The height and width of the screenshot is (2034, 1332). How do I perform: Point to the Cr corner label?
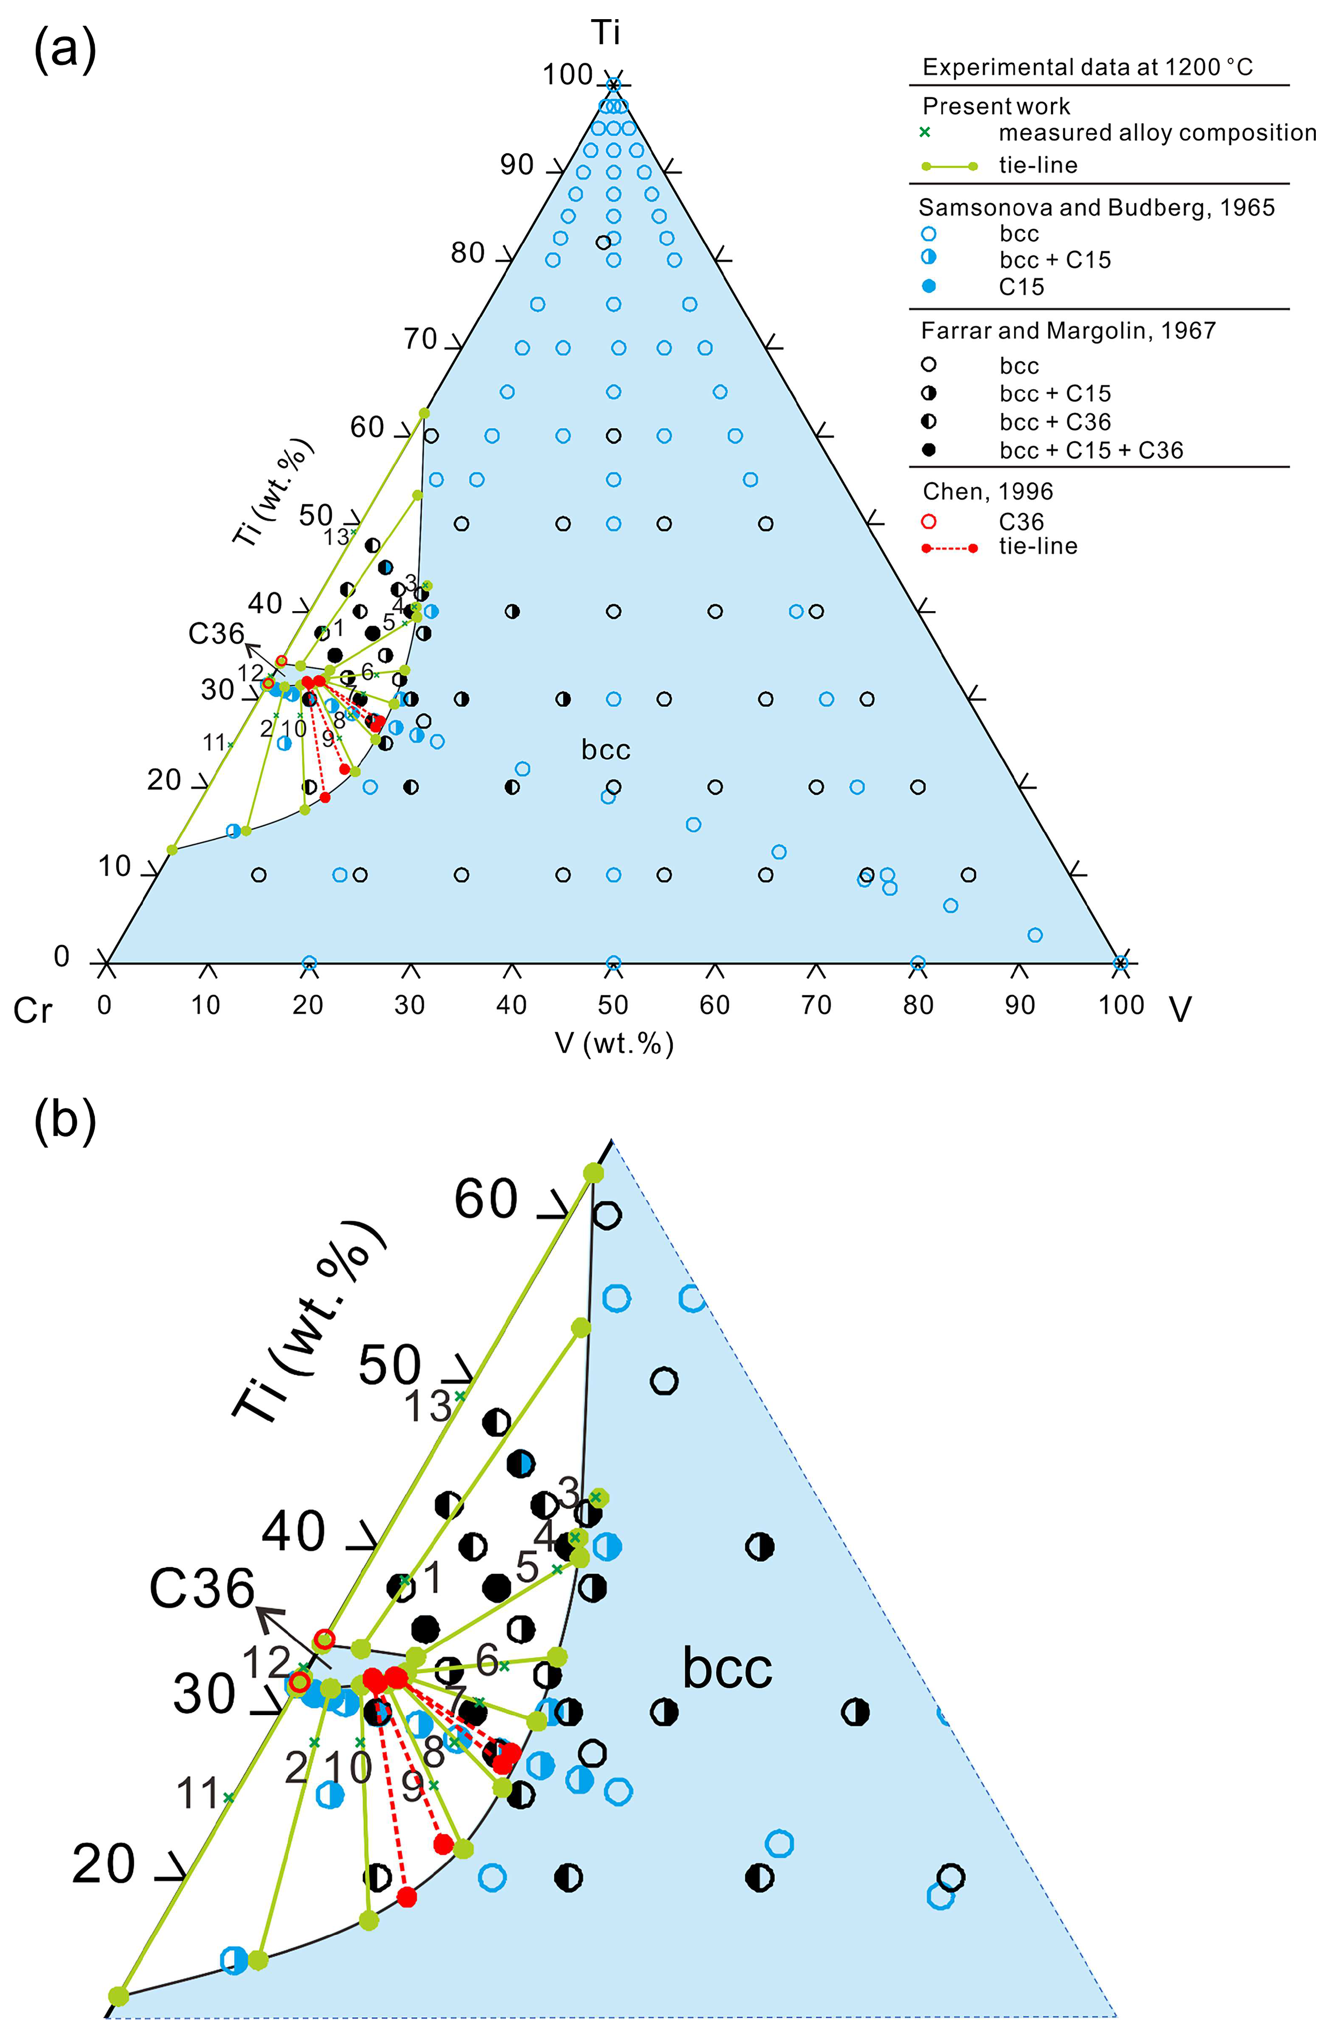point(32,1011)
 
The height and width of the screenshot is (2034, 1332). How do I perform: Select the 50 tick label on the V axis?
point(613,1005)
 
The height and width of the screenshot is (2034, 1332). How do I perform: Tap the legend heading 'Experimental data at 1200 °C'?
point(1088,68)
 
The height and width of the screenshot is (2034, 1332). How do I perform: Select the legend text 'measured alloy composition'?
point(1157,132)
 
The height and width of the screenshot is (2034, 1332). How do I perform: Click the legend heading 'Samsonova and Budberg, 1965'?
point(1096,208)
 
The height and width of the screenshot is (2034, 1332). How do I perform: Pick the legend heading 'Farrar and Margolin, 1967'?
point(1068,331)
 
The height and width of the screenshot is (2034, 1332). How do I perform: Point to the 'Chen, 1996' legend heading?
point(988,492)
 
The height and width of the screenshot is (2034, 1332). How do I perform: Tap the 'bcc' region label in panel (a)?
point(606,750)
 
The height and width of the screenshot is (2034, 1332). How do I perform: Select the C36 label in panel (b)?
point(202,1588)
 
